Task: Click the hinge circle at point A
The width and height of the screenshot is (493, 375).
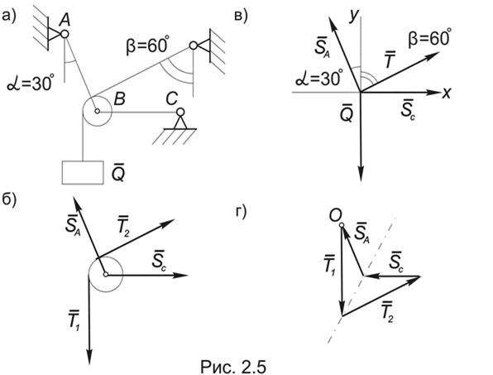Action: (x=65, y=34)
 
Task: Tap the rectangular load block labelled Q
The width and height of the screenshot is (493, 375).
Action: (x=83, y=172)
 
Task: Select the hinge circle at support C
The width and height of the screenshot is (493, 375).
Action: (x=180, y=112)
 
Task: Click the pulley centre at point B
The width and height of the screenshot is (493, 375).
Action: (x=97, y=111)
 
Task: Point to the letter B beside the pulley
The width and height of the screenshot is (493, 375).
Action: (x=119, y=99)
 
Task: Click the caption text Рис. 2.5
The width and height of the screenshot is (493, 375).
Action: (x=233, y=367)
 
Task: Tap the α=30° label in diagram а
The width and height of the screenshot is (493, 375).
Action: (x=29, y=84)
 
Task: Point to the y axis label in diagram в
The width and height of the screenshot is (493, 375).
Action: (x=354, y=16)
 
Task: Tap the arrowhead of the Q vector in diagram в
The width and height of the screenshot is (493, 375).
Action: (x=361, y=175)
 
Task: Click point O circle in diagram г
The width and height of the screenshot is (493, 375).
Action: (x=342, y=225)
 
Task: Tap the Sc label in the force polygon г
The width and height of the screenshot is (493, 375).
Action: (x=396, y=262)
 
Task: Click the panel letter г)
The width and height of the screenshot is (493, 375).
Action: (x=242, y=212)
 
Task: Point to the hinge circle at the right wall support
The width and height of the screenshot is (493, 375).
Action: (x=194, y=46)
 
